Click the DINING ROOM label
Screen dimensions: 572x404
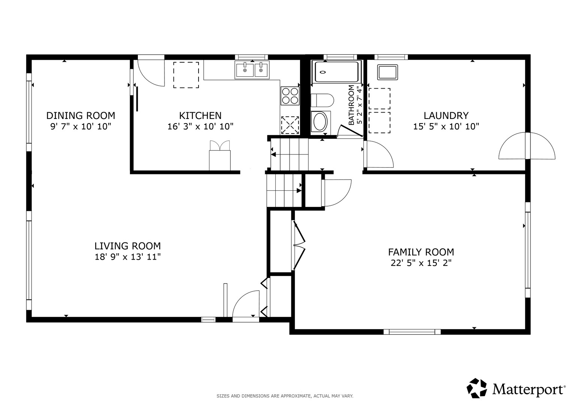click(x=81, y=116)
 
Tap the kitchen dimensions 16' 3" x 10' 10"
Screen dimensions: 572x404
click(x=200, y=126)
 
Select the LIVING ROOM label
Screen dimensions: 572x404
click(x=128, y=246)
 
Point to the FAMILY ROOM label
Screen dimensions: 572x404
click(x=421, y=252)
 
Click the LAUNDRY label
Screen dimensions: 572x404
click(x=446, y=116)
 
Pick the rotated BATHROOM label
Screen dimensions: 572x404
click(x=352, y=105)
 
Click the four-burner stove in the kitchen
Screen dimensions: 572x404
click(x=290, y=96)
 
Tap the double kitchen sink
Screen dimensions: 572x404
click(x=252, y=70)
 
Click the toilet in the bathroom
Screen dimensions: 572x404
click(x=322, y=100)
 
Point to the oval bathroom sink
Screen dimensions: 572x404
click(x=321, y=122)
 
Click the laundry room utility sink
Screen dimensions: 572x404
click(x=387, y=72)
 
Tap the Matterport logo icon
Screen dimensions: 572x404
click(x=477, y=388)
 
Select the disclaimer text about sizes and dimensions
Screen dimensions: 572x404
click(x=285, y=396)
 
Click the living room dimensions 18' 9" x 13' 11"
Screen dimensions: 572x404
click(x=128, y=257)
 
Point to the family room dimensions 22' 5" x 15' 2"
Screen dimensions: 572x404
click(x=421, y=263)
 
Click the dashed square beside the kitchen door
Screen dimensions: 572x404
click(x=186, y=75)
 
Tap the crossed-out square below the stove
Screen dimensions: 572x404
click(x=290, y=125)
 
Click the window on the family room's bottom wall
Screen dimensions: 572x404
click(x=412, y=332)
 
